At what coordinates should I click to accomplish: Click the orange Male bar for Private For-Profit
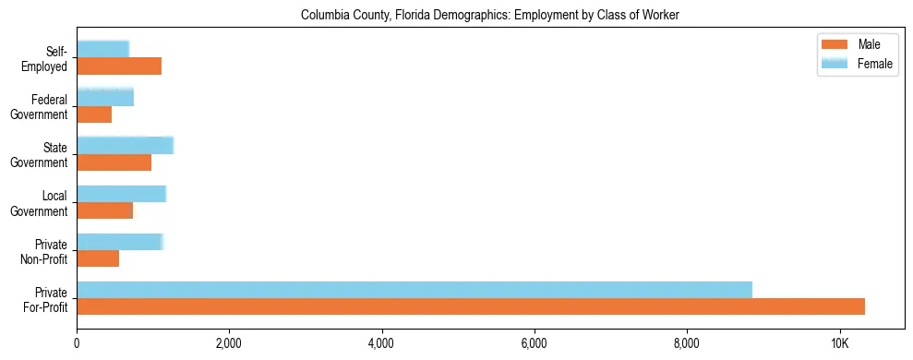pyautogui.click(x=471, y=306)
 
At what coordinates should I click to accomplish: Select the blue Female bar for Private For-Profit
pyautogui.click(x=414, y=290)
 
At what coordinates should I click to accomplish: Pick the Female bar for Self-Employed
pyautogui.click(x=102, y=49)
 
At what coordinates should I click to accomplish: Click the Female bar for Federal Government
pyautogui.click(x=105, y=97)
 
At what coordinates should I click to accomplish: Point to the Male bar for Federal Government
pyautogui.click(x=94, y=114)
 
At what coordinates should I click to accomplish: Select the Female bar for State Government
pyautogui.click(x=125, y=145)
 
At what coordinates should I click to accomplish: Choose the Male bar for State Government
pyautogui.click(x=114, y=162)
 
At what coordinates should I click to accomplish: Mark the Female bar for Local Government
pyautogui.click(x=121, y=193)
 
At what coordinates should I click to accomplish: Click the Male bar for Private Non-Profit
pyautogui.click(x=98, y=258)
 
